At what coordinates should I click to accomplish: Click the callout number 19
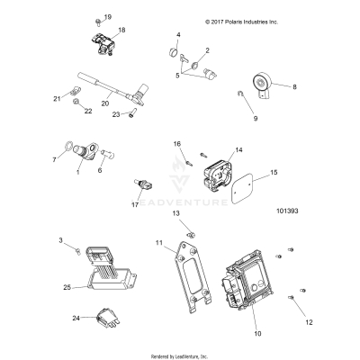coord(108,17)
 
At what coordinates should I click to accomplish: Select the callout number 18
coord(121,31)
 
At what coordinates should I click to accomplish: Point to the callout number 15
coord(275,171)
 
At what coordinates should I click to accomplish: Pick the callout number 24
coord(76,318)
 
